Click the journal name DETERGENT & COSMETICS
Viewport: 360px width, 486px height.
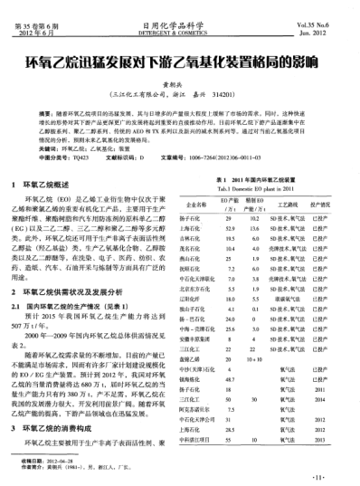coord(179,33)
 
